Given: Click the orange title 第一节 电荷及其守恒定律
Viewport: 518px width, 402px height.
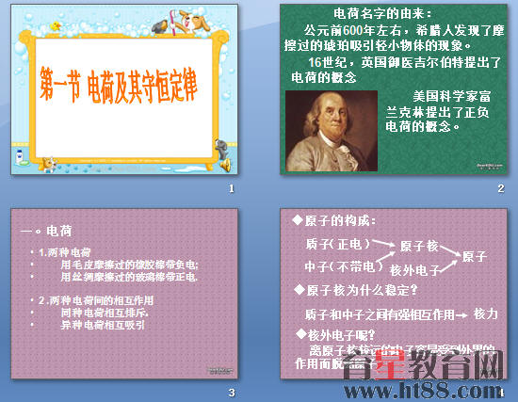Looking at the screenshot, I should point(129,85).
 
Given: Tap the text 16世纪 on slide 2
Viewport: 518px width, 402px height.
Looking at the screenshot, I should point(311,62).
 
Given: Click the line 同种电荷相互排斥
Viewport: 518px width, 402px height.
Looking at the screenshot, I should point(103,312).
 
